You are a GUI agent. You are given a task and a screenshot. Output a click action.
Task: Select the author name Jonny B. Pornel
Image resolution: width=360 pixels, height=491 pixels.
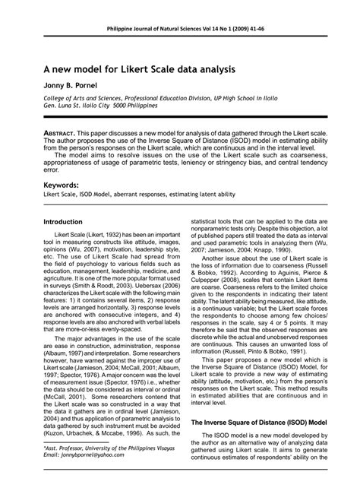tap(67, 87)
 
